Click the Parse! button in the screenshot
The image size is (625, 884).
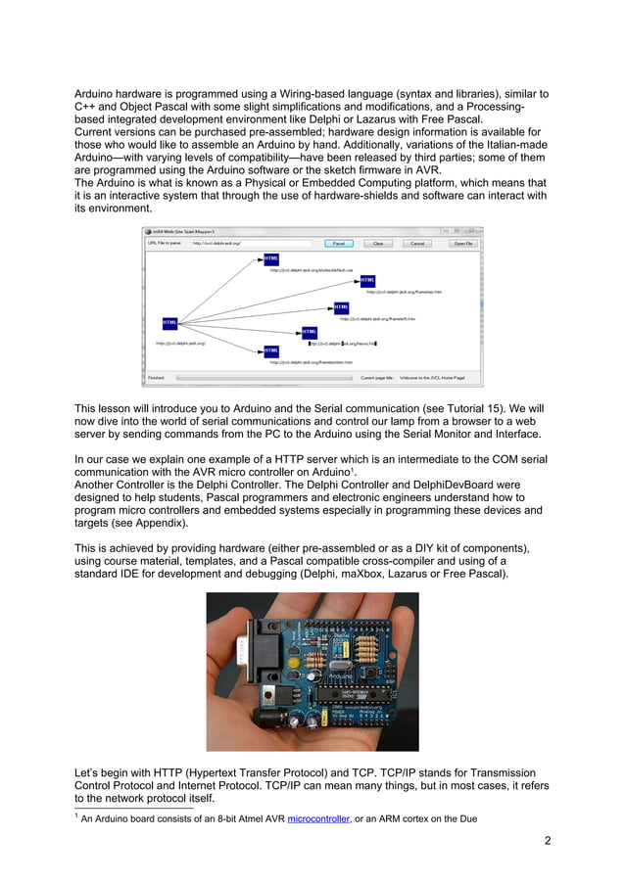pyautogui.click(x=337, y=243)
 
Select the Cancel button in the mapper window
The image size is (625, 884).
pyautogui.click(x=416, y=243)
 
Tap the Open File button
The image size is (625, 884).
pyautogui.click(x=463, y=243)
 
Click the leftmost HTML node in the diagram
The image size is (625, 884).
pyautogui.click(x=170, y=322)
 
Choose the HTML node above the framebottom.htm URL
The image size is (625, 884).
pyautogui.click(x=271, y=350)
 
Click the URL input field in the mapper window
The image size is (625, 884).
pyautogui.click(x=251, y=243)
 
